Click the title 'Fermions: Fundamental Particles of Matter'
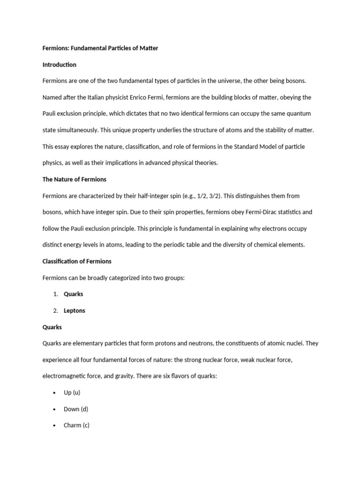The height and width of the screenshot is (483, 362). [100, 48]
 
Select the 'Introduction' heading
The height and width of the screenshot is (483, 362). [59, 65]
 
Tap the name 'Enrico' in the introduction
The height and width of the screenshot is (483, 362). [137, 97]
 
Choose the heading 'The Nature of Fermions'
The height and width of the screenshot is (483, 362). [74, 179]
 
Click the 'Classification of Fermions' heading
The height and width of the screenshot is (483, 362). [77, 261]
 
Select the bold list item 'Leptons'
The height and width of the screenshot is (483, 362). [74, 311]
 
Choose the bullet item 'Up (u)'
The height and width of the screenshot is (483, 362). [72, 392]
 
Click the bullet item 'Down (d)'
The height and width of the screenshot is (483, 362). [75, 409]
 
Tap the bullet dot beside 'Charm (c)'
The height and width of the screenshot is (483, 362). [55, 425]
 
